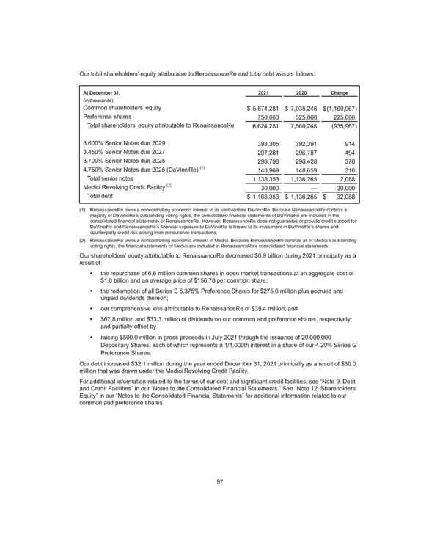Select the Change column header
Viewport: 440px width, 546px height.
pos(340,93)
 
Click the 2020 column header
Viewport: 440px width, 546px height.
pos(301,93)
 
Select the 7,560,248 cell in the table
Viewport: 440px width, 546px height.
pos(302,125)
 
